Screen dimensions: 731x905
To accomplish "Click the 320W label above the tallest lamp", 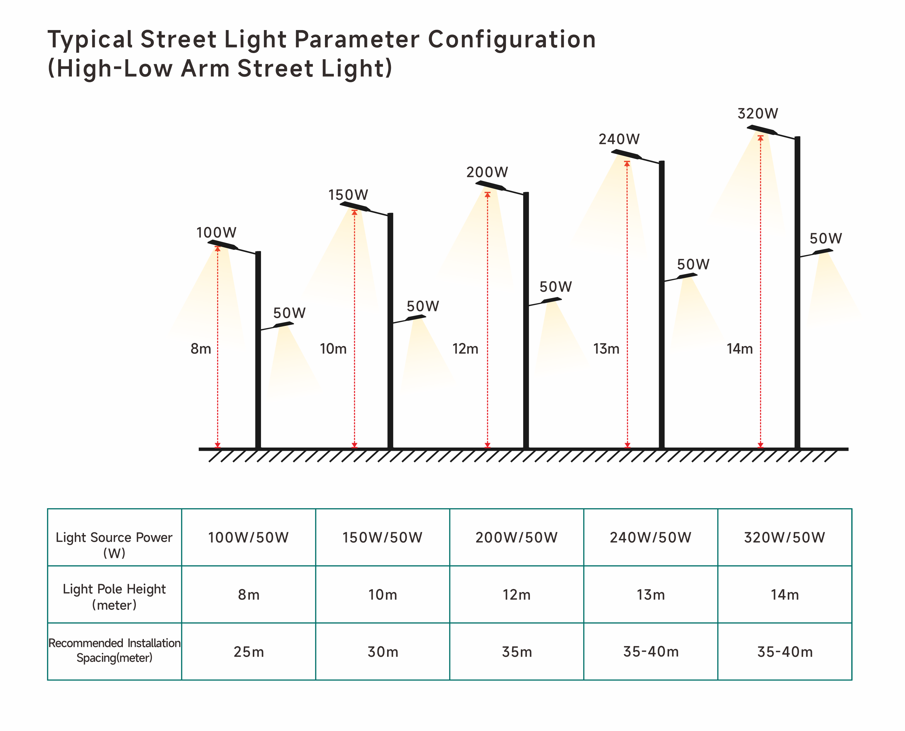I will (x=758, y=114).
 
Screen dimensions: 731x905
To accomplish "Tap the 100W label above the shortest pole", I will (x=216, y=232).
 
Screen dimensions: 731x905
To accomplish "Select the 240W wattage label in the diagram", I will (x=619, y=139).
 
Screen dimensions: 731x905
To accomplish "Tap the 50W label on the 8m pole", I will (x=289, y=313).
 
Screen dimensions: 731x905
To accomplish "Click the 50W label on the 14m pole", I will (x=825, y=239).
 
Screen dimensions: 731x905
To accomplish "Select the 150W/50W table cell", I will (x=382, y=538).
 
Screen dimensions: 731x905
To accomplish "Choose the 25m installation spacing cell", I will (x=249, y=652).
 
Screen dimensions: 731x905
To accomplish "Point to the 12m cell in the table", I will (x=516, y=595).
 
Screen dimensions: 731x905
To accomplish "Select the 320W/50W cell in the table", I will (x=785, y=538).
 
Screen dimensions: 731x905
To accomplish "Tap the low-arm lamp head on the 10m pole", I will (x=416, y=318).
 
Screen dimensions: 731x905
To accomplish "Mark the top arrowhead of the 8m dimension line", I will (x=218, y=249).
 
